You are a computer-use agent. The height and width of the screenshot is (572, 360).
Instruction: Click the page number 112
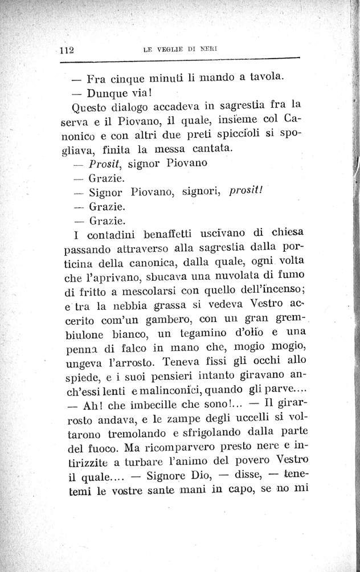click(68, 50)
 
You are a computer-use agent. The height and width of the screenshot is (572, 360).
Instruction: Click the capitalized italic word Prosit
click(106, 164)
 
